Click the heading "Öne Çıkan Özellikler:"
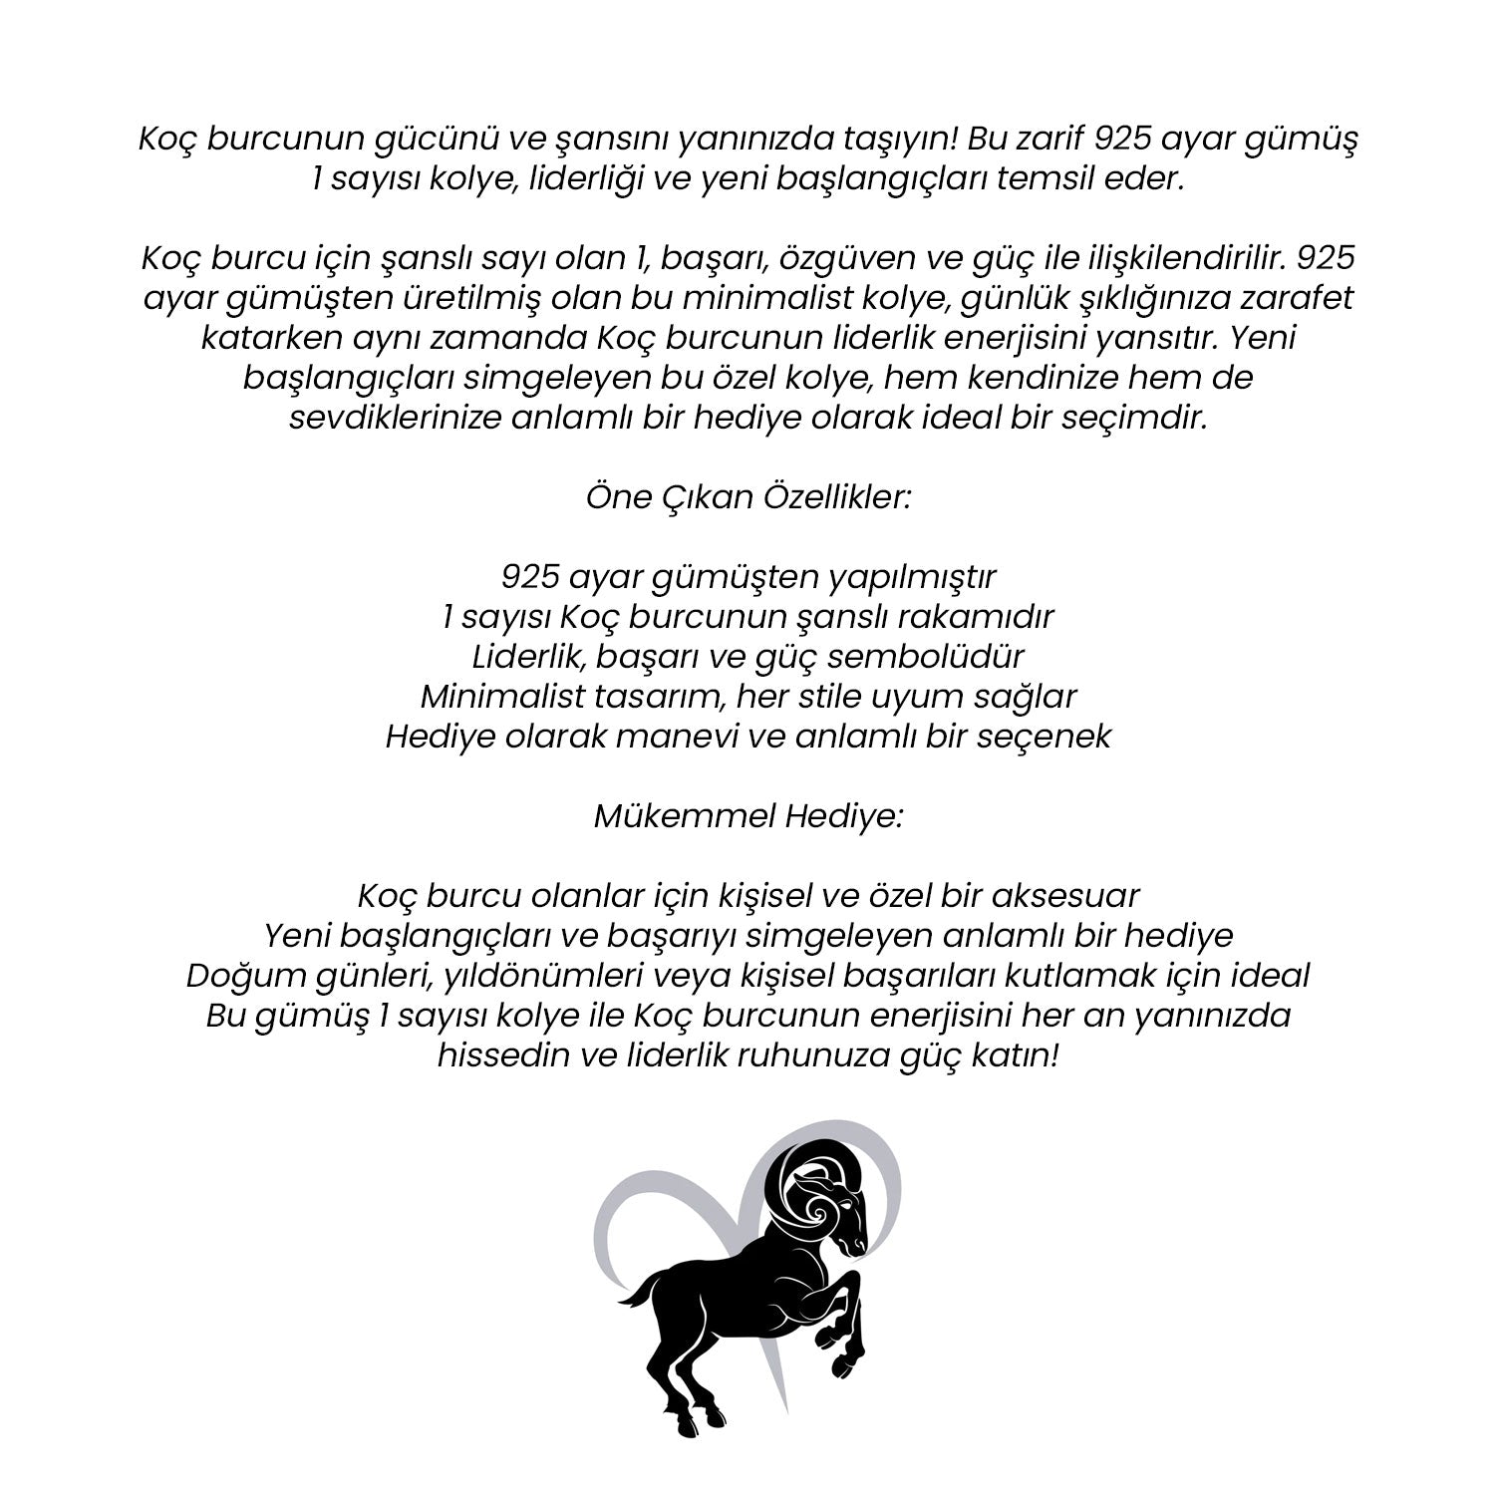click(747, 498)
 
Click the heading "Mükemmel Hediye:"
click(747, 817)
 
